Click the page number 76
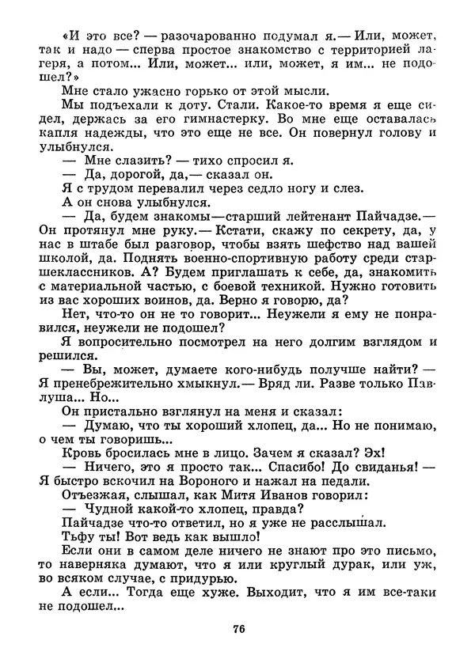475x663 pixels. (237, 630)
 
